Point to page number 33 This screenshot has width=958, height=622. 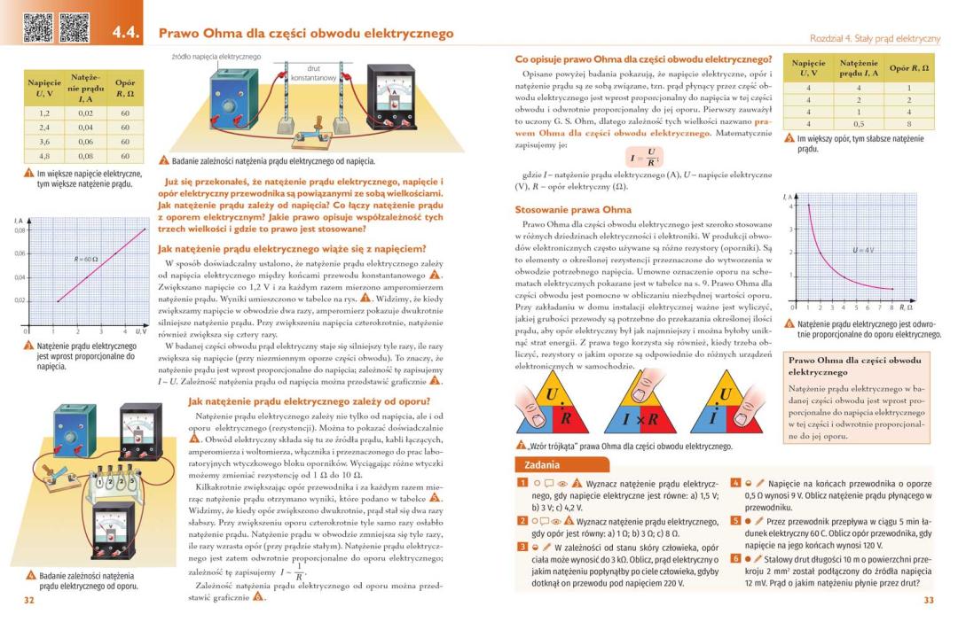(929, 601)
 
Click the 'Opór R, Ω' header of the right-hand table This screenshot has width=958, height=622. (909, 68)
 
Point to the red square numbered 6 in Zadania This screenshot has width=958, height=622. (735, 559)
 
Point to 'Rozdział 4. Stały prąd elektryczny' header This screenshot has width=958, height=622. (874, 39)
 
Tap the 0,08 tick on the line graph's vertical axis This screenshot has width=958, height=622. (19, 230)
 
